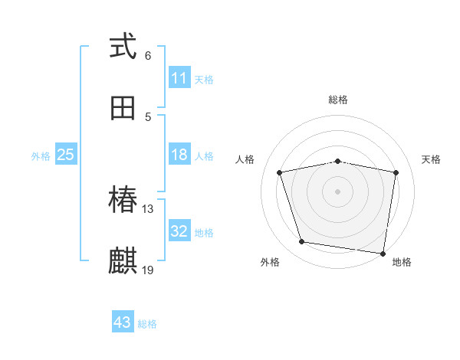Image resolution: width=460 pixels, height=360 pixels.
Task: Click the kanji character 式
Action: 123,47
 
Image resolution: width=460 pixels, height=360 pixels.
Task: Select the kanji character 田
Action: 123,107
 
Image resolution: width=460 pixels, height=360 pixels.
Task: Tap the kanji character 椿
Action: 123,201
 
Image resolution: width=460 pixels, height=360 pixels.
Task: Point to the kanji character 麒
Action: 123,260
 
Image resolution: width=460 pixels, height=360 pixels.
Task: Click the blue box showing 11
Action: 179,78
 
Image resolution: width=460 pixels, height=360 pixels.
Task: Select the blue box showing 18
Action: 179,155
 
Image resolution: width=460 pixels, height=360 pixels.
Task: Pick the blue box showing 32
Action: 179,231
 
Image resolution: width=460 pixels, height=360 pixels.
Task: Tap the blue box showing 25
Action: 66,155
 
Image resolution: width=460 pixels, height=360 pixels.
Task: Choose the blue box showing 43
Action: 123,322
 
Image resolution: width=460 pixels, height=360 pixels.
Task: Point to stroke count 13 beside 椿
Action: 149,208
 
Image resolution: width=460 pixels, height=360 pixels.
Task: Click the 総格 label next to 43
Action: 147,324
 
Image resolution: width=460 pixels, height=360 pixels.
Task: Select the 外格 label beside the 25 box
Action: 41,156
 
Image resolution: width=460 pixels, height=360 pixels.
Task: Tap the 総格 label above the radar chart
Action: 337,100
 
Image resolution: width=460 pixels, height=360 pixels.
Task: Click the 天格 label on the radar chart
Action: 432,159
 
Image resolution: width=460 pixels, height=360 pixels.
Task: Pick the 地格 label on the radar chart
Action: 402,262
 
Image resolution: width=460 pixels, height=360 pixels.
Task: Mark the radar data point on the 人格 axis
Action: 280,172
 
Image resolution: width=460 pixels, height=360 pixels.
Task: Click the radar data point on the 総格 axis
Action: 337,161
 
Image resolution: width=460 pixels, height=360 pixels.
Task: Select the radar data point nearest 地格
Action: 382,252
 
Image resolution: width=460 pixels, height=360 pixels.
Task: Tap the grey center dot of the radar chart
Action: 337,191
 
